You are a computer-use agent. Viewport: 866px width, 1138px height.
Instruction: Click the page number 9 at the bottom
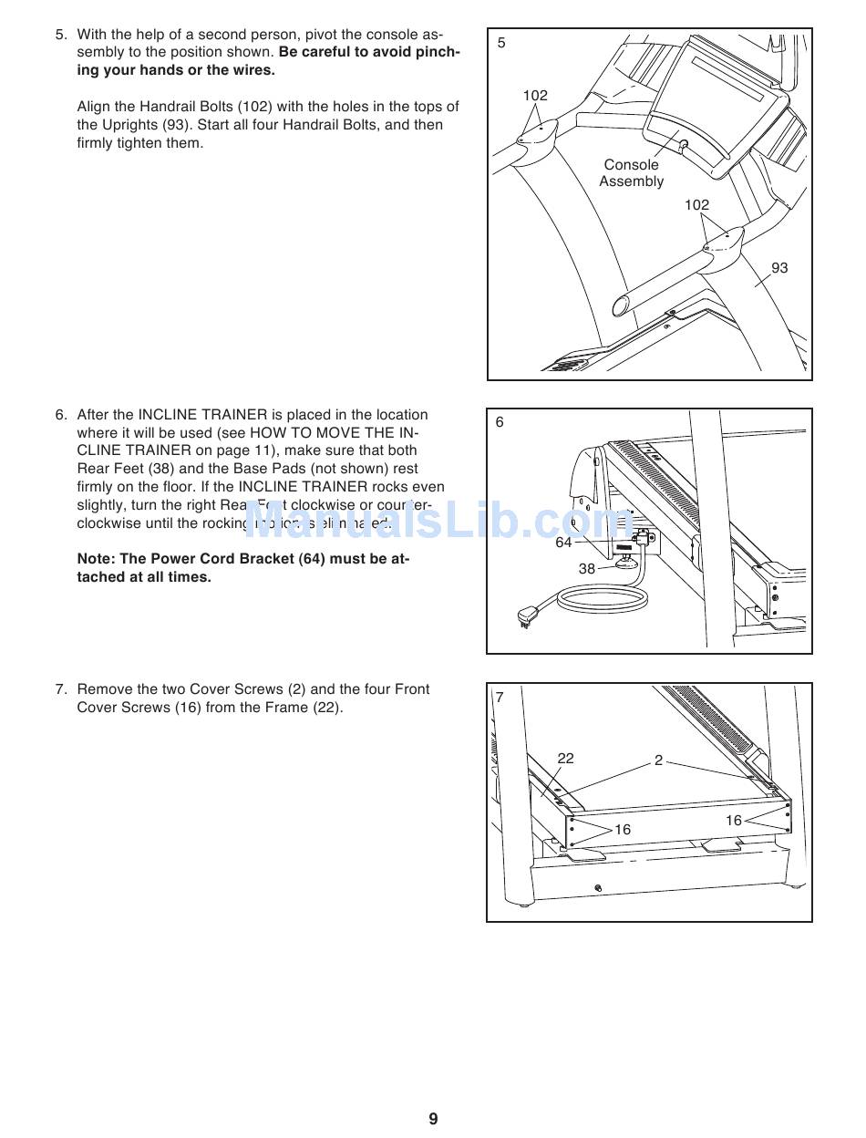coord(433,1119)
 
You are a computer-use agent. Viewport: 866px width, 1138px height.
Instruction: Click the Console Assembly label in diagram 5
coord(631,173)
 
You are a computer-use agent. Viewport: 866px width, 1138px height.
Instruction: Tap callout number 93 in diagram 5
coord(779,268)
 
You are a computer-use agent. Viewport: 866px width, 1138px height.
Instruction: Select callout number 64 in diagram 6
coord(563,543)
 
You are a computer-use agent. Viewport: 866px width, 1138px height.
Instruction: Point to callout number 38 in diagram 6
coord(587,569)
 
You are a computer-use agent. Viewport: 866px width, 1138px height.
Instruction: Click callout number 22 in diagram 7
coord(565,759)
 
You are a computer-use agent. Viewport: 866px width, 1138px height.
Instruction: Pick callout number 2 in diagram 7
coord(658,760)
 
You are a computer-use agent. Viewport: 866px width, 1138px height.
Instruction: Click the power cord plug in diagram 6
coord(527,617)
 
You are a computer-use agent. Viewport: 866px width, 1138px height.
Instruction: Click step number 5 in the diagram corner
coord(501,43)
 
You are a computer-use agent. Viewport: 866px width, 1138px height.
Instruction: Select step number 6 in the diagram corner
coord(500,422)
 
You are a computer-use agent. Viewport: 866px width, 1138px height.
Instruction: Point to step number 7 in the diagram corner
coord(500,698)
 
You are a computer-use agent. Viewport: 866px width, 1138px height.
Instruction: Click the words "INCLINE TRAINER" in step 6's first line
coord(202,415)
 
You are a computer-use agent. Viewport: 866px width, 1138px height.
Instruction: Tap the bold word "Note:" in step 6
coord(98,559)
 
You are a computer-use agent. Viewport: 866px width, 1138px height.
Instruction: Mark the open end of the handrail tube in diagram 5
coord(622,305)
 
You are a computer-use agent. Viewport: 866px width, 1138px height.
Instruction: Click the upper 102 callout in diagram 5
coord(535,96)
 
